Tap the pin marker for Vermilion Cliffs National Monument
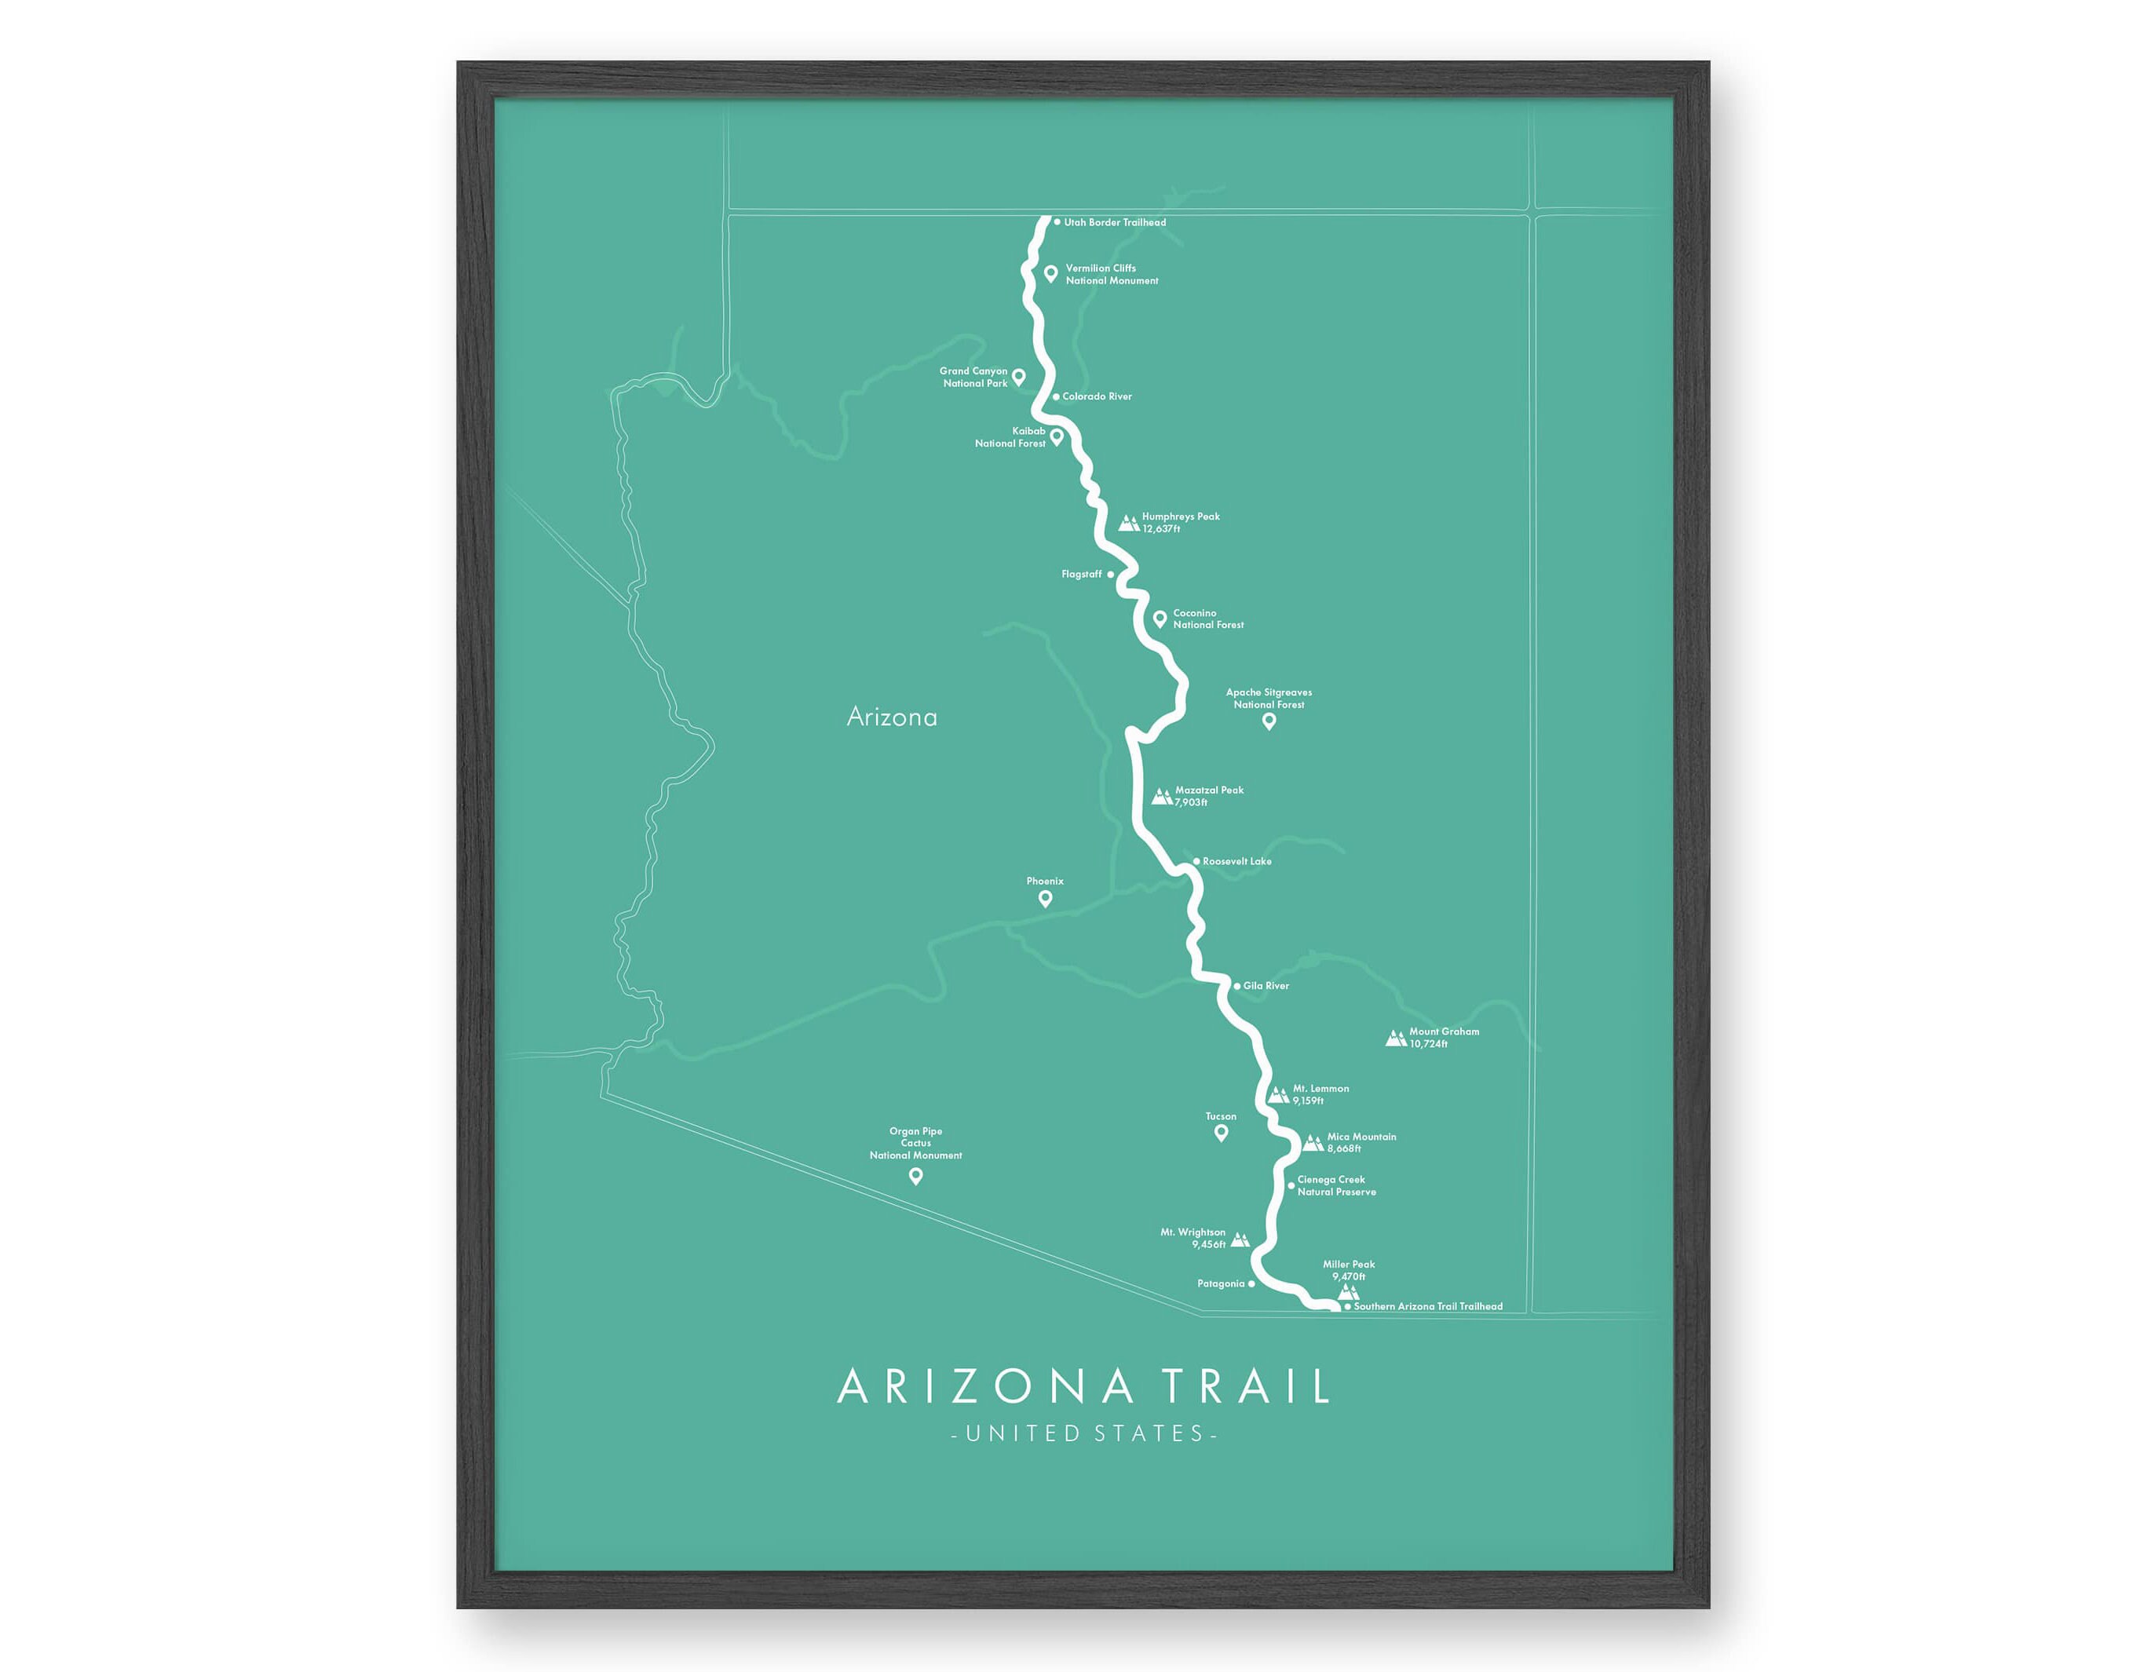[x=1050, y=274]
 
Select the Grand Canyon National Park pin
[x=1019, y=377]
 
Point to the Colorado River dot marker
[x=1056, y=396]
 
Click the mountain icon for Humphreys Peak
[x=1129, y=524]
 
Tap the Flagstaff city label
[x=1081, y=575]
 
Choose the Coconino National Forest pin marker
[x=1160, y=619]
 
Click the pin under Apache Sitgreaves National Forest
[x=1269, y=721]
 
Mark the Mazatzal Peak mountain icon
[x=1161, y=796]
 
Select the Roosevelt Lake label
[x=1237, y=862]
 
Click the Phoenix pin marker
[x=1046, y=898]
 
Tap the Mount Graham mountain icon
[x=1395, y=1038]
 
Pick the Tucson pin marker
[x=1222, y=1133]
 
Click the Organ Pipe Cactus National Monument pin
[x=916, y=1176]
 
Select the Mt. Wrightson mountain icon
[x=1240, y=1240]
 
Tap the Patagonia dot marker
[x=1251, y=1284]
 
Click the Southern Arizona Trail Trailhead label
[x=1427, y=1307]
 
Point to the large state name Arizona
[x=891, y=717]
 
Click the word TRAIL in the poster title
[x=1247, y=1386]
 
